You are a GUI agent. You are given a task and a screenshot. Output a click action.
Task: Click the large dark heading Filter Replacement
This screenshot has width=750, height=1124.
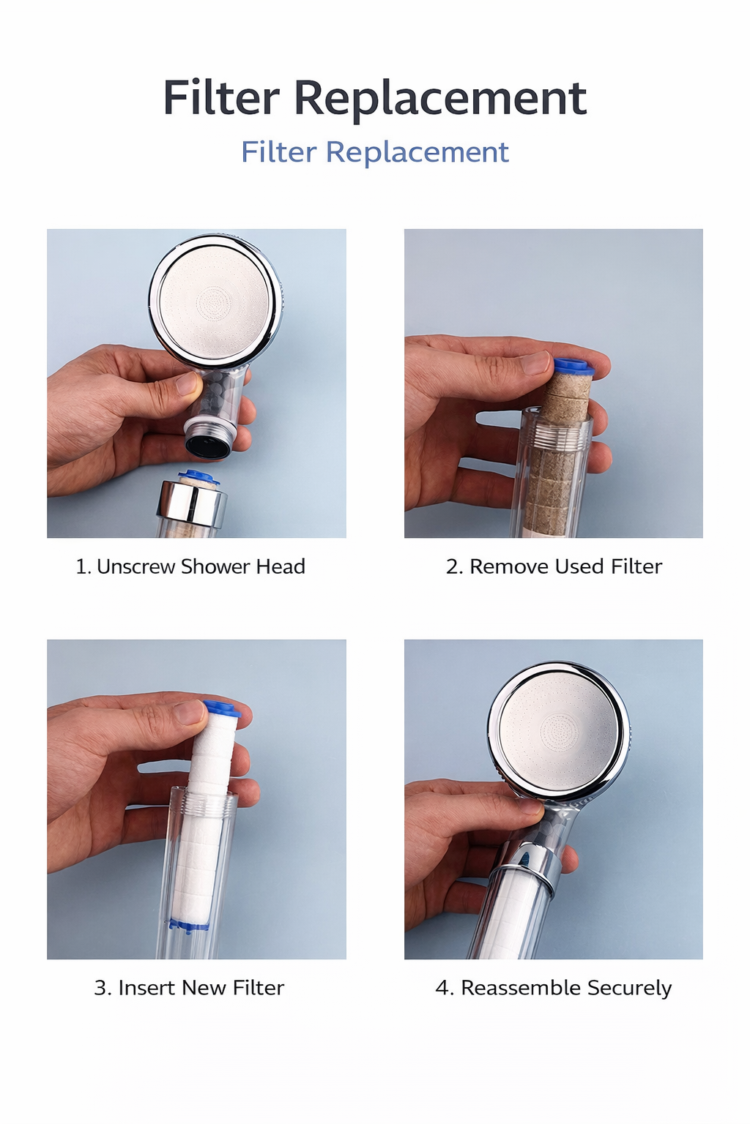(374, 98)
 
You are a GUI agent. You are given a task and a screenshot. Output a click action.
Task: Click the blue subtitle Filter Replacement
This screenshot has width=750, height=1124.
(374, 152)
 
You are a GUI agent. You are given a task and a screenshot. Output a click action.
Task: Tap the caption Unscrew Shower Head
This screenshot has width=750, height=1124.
(190, 566)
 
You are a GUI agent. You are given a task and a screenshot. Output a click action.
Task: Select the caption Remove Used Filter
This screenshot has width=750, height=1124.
(554, 566)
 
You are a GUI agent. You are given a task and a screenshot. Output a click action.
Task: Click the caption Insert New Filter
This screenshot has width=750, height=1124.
(189, 988)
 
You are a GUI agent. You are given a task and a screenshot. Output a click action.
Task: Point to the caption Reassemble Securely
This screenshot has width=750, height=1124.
(553, 988)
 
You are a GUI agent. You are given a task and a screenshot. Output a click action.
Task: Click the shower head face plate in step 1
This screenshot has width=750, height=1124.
(215, 300)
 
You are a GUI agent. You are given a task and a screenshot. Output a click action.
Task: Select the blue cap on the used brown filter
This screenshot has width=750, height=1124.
(573, 367)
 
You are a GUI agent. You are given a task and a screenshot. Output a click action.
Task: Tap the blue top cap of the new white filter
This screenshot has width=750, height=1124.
(222, 708)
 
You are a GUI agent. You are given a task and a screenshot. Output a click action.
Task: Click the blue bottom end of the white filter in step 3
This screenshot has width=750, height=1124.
(189, 925)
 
